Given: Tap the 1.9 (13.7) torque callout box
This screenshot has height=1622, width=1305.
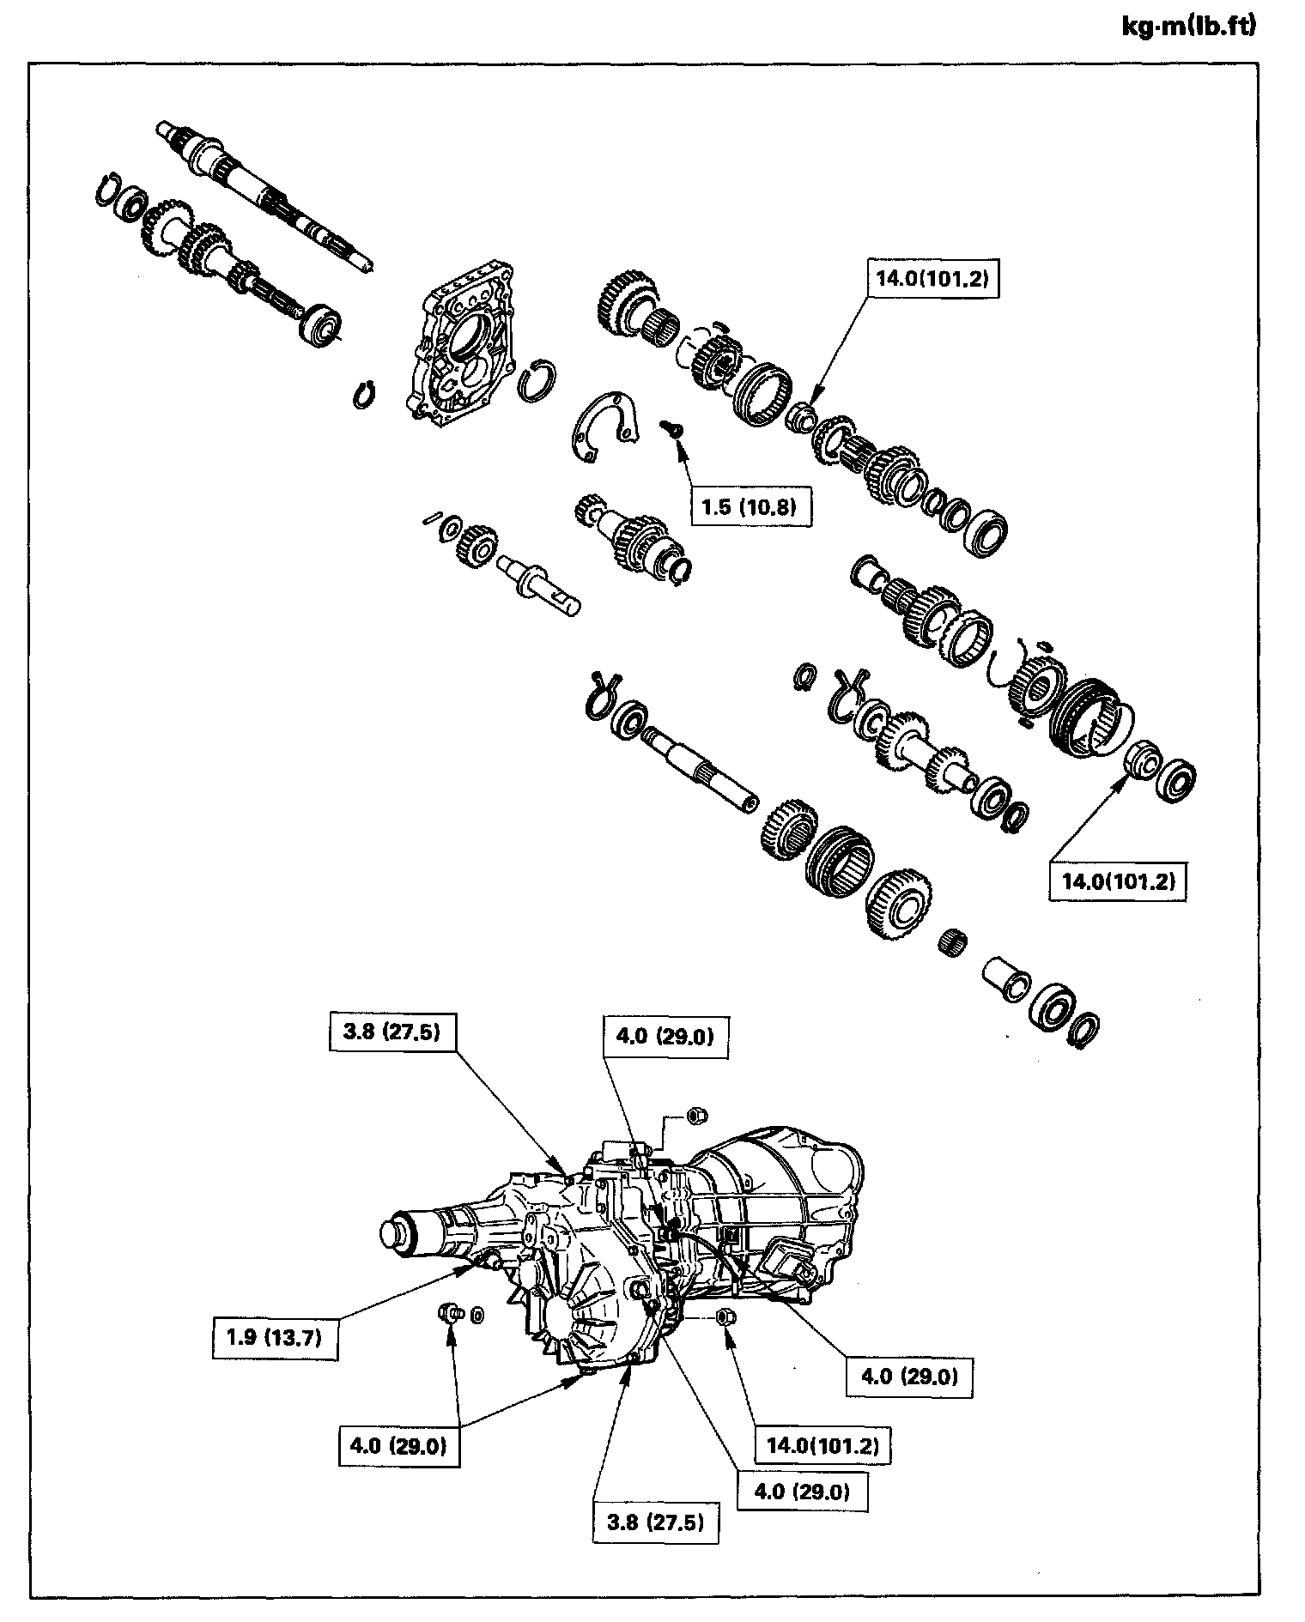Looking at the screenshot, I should pyautogui.click(x=275, y=1337).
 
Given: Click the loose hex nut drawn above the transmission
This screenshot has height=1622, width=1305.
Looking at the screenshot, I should pyautogui.click(x=697, y=1117).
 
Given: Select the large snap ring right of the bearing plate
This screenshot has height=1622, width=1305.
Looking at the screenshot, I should pyautogui.click(x=537, y=378).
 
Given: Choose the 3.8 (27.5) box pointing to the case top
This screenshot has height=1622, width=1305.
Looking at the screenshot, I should pyautogui.click(x=391, y=1032).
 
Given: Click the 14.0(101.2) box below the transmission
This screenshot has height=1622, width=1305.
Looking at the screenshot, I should pyautogui.click(x=822, y=1446).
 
